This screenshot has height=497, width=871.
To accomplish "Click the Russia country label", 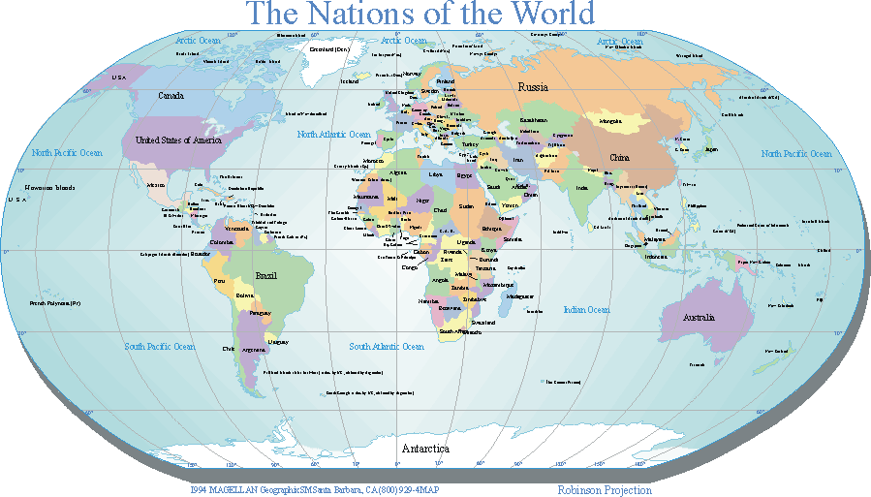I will tap(533, 87).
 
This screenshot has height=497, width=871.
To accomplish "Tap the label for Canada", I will tap(171, 96).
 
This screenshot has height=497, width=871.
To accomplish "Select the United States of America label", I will tap(178, 140).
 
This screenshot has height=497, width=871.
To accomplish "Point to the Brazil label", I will tap(265, 276).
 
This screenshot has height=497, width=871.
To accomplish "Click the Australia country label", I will tap(700, 318).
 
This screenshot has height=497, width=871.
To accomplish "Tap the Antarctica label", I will tap(425, 450).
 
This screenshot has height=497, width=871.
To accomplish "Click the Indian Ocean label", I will tap(586, 310).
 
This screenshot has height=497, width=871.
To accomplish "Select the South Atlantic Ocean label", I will tap(387, 346).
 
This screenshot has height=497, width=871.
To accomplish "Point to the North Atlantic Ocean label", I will tap(333, 135).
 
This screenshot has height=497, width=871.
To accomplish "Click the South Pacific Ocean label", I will tap(160, 346).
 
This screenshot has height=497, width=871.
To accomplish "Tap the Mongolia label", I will tap(610, 121).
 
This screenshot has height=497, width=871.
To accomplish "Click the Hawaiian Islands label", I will tap(50, 188).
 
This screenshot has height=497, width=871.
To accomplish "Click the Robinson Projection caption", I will tap(605, 490).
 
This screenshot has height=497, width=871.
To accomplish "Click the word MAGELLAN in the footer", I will tap(234, 490).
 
